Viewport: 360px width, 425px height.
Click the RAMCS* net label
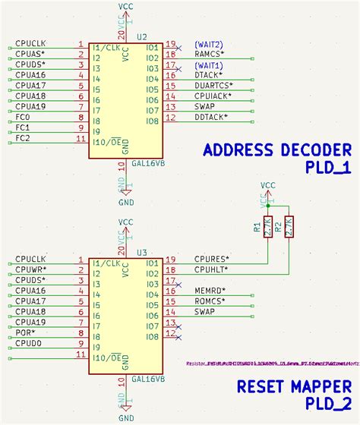point(210,54)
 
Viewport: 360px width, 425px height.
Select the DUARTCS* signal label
point(214,86)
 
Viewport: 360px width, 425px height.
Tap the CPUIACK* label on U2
point(213,96)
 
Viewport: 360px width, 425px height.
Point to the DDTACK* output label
point(210,118)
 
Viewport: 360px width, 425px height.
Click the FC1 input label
point(23,128)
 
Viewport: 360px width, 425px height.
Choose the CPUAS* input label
point(30,54)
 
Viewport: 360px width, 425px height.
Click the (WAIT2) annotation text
point(208,43)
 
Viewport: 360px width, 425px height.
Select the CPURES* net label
point(212,258)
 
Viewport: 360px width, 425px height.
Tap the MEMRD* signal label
point(210,291)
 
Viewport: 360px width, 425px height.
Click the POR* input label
point(24,333)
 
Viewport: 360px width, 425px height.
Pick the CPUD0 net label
point(29,344)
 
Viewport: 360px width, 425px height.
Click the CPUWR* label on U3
point(30,269)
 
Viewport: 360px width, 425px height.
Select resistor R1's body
point(268,227)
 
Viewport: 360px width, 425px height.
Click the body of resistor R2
point(289,227)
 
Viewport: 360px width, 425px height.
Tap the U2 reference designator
point(142,36)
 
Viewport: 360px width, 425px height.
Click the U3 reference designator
point(142,252)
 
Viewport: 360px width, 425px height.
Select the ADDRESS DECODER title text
point(276,150)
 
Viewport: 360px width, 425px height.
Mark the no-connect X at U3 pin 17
point(178,281)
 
